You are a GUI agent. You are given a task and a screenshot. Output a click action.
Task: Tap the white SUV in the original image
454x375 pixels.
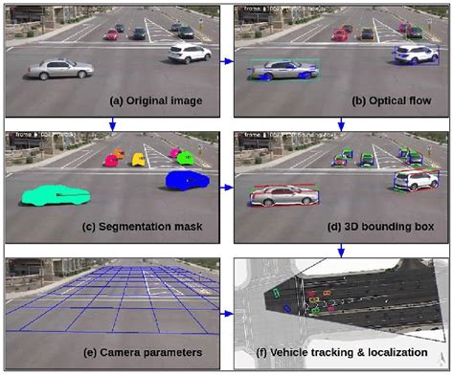[188, 53]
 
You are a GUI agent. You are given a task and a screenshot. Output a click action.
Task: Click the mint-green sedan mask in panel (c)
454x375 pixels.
[56, 194]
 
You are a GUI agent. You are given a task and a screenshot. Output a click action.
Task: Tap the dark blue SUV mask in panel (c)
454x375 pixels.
[188, 179]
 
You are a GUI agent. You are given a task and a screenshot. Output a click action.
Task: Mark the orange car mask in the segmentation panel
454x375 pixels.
[119, 152]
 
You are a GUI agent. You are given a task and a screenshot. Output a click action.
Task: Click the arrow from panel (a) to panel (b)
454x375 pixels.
[227, 61]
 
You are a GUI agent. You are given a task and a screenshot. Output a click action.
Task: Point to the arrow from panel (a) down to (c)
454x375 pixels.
[113, 121]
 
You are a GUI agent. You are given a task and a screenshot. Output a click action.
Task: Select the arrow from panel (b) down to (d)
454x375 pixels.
[341, 121]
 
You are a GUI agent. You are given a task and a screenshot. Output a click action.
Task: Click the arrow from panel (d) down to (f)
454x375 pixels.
[341, 250]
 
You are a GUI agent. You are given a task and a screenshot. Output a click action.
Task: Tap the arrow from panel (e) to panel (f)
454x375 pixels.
[227, 313]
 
